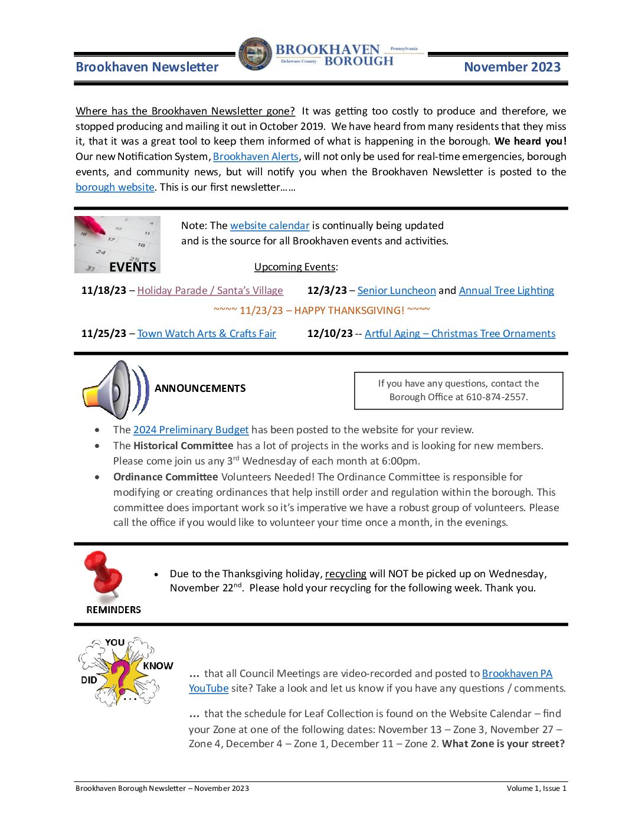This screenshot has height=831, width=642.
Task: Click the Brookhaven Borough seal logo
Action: [256, 54]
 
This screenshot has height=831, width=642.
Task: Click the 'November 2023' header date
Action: [512, 67]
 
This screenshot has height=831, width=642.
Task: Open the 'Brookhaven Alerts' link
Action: [256, 156]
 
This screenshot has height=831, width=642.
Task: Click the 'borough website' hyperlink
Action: [115, 187]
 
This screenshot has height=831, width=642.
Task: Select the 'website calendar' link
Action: [270, 225]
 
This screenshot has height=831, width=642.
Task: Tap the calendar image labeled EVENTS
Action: [117, 244]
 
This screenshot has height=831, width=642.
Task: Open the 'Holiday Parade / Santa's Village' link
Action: [210, 290]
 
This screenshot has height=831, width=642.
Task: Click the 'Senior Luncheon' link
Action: [397, 290]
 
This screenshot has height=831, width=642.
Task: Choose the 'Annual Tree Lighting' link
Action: [506, 290]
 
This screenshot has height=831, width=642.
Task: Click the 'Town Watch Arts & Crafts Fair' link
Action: [207, 333]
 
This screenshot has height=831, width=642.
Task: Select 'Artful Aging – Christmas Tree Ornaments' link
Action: [460, 333]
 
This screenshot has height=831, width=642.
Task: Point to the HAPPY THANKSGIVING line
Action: [322, 310]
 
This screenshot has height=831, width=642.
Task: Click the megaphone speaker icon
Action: [115, 390]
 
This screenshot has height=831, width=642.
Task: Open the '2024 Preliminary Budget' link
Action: [191, 430]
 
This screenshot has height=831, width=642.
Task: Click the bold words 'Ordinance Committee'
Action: [165, 477]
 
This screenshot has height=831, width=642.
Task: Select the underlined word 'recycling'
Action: [345, 574]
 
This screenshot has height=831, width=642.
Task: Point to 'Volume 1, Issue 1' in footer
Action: [536, 789]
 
